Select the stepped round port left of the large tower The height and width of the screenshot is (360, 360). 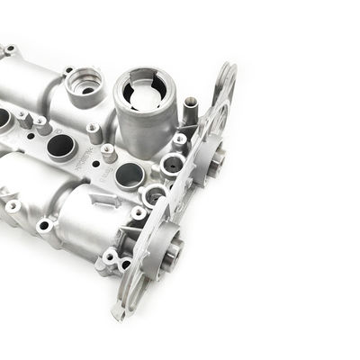83,86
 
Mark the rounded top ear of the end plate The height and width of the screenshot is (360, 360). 226,76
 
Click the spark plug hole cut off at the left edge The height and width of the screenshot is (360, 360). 3,117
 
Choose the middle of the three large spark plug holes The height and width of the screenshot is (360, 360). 60,146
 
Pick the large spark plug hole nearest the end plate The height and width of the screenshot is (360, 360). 129,175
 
